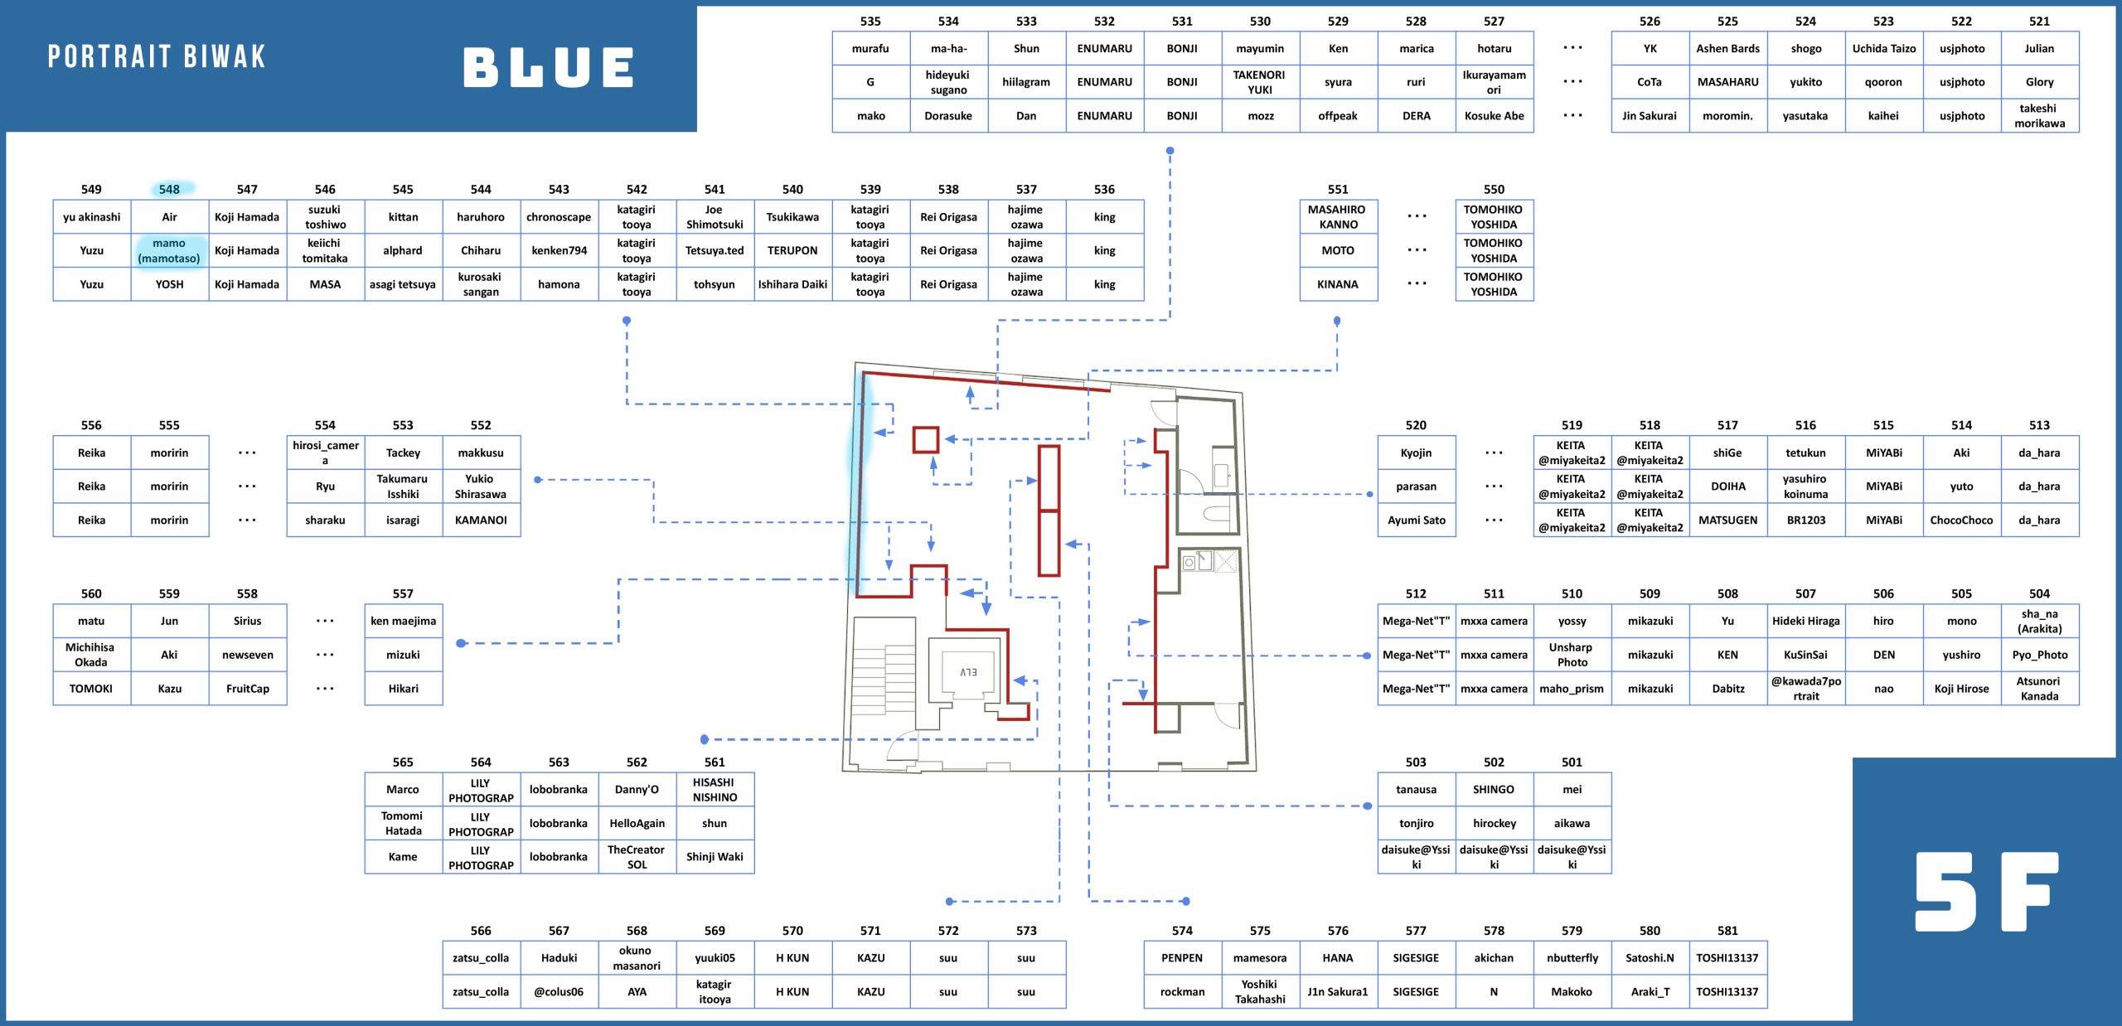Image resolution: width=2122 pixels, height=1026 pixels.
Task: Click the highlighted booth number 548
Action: [x=169, y=189]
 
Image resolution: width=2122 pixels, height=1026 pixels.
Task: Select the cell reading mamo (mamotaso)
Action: [x=169, y=250]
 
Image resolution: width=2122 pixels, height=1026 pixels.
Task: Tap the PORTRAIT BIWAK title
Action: [x=157, y=56]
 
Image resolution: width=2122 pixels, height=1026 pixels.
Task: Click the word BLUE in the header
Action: [x=548, y=67]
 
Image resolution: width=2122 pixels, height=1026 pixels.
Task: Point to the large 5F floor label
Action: [x=1987, y=891]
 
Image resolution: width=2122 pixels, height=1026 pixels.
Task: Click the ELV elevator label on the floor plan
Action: [x=968, y=672]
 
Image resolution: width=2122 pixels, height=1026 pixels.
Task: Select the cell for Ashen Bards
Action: [x=1727, y=48]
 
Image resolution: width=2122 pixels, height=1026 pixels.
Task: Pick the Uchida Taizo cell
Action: [x=1883, y=48]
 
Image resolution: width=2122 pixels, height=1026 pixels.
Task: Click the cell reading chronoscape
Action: [x=559, y=217]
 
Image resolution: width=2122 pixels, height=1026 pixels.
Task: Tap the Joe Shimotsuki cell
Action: [x=715, y=217]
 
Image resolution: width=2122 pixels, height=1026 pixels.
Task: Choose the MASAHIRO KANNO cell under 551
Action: [x=1338, y=217]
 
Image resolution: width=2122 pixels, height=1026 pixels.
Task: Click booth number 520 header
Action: [x=1416, y=425]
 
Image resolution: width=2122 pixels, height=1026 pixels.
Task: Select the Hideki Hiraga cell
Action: [x=1805, y=621]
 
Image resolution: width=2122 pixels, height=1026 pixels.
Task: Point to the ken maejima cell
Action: [x=403, y=621]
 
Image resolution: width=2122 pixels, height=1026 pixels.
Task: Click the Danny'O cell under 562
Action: [x=637, y=789]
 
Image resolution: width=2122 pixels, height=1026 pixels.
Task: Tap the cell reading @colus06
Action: [x=559, y=991]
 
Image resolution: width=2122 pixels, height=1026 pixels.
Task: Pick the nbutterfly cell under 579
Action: [x=1572, y=957]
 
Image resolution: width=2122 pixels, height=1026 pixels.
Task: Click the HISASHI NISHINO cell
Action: [x=715, y=789]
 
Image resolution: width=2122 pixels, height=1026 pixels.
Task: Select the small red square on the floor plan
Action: [x=926, y=439]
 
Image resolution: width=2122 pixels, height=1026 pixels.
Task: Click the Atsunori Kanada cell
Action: [x=2039, y=688]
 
